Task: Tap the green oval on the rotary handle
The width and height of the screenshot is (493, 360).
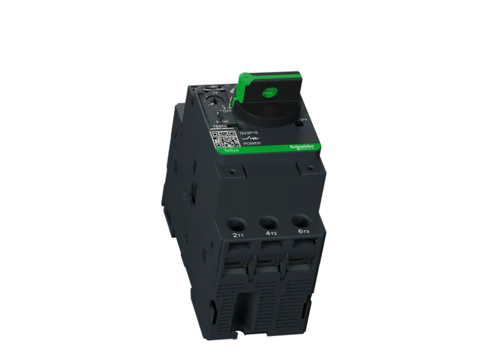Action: point(269,92)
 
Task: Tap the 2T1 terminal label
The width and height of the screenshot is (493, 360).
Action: point(238,234)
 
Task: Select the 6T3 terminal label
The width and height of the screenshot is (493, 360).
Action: point(303,231)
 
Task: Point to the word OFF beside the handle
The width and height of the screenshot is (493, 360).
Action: point(228,111)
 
